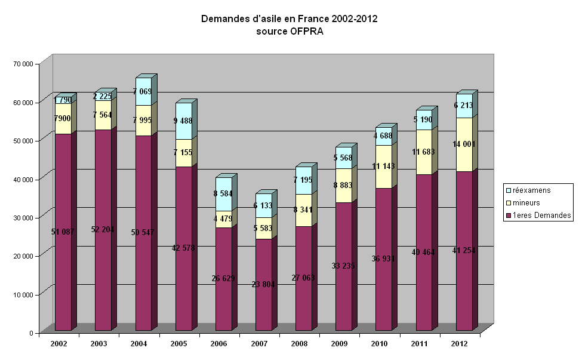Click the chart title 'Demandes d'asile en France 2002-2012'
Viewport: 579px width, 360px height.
289,20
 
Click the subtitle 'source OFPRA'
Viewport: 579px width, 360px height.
289,32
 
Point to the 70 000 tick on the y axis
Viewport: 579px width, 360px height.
24,63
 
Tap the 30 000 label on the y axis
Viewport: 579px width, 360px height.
24,217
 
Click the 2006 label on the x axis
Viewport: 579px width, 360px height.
219,344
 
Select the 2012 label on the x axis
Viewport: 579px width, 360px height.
460,344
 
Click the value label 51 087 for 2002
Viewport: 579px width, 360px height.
63,232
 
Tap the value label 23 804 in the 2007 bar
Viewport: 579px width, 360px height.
263,285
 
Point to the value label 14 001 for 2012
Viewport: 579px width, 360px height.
464,144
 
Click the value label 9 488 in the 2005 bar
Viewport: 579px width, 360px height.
184,121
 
